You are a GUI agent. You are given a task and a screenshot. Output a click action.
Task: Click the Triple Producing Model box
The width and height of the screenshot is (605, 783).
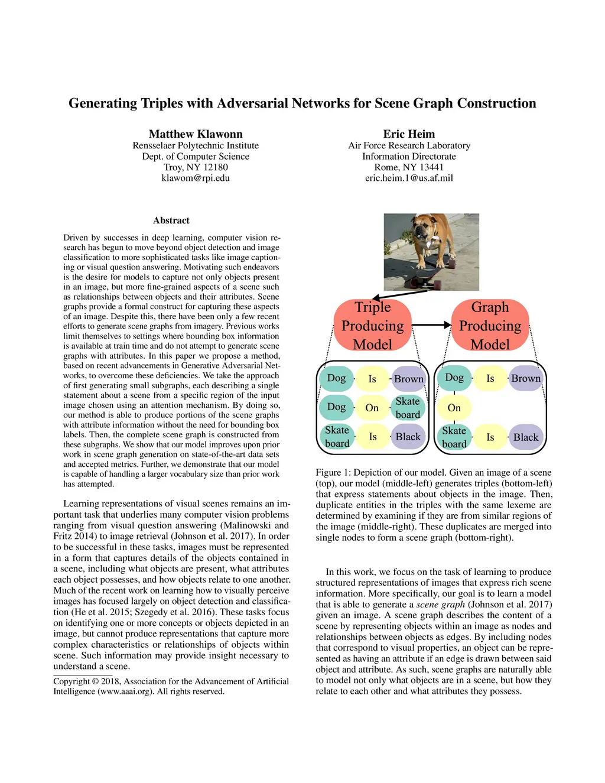[372, 326]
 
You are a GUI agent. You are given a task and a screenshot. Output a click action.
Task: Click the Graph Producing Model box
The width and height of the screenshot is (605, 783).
[490, 326]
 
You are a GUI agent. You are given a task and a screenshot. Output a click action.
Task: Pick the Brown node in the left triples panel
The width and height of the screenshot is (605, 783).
[408, 379]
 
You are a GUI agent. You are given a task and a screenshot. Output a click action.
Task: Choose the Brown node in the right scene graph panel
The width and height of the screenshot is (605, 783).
[526, 378]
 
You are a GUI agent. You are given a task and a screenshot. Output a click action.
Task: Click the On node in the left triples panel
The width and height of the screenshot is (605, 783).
[372, 408]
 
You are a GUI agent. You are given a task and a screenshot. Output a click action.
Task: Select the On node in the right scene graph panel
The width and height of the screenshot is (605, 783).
[454, 408]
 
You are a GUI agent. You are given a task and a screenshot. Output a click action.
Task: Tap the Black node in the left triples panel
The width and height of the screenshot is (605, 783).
[408, 437]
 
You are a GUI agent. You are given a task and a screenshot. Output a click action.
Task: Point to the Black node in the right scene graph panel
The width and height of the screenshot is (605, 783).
[526, 437]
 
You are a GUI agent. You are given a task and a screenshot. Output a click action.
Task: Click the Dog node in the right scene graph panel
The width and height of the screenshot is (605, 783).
[454, 378]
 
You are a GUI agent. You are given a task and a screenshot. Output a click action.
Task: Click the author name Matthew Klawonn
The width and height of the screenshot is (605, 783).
[196, 134]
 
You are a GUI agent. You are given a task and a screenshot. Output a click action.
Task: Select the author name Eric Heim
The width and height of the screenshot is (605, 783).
[409, 134]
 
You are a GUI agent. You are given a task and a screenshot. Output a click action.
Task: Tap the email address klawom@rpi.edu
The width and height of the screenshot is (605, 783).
[196, 178]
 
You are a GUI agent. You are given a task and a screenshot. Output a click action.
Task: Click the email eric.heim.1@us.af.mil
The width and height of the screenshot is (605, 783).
[409, 178]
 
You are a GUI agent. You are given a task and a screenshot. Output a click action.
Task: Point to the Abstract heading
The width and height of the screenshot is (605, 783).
[171, 220]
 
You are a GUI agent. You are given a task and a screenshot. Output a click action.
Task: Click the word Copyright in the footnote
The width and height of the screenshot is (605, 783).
[71, 681]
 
